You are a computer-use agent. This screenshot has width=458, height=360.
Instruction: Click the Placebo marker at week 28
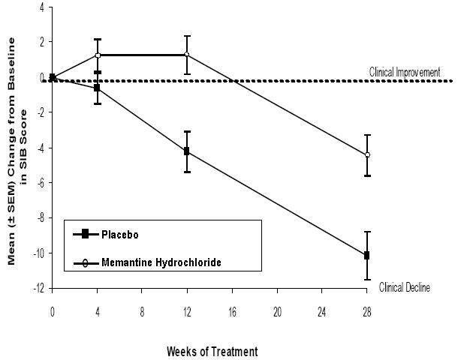point(366,256)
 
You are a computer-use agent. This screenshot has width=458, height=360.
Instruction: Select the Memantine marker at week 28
point(366,154)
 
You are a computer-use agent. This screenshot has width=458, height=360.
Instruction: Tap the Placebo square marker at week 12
point(187,151)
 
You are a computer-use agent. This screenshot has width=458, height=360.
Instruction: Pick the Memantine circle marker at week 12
point(187,55)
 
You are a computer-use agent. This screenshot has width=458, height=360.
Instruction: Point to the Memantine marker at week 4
point(98,55)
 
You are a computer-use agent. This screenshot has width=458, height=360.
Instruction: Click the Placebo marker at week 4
point(98,88)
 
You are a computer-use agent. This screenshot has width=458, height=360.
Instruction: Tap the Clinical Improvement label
point(404,72)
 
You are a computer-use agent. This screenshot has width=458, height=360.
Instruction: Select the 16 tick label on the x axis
point(232,309)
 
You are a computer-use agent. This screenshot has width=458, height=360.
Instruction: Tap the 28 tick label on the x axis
point(366,309)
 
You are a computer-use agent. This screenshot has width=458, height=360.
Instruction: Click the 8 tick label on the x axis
point(142,309)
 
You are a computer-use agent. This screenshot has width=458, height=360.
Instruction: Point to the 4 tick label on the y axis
point(41,7)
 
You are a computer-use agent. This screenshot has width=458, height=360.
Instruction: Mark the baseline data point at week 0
point(53,77)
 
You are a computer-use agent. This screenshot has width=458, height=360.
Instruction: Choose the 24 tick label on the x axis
point(321,309)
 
